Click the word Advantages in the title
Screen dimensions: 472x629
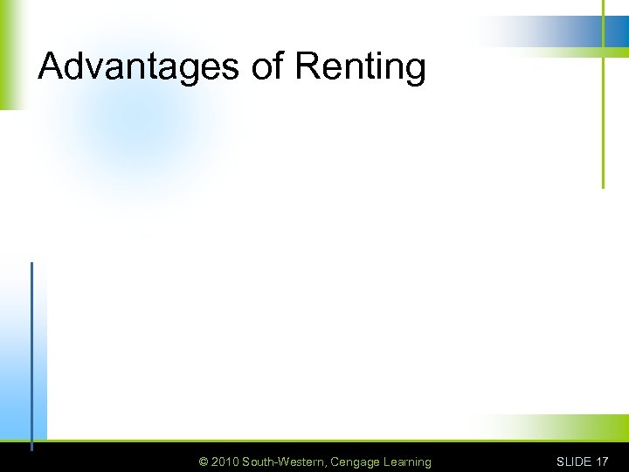(139, 66)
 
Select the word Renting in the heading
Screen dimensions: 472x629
(361, 68)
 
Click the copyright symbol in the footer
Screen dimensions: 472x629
(204, 462)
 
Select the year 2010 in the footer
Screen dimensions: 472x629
(225, 462)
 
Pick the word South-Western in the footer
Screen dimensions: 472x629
(284, 462)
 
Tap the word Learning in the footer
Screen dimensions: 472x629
(406, 462)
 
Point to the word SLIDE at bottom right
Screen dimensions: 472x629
(574, 462)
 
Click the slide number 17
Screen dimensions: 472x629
(602, 462)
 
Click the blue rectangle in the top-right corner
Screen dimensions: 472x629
(617, 31)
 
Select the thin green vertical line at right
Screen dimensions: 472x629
(603, 122)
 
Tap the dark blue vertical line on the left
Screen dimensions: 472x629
(31, 350)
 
